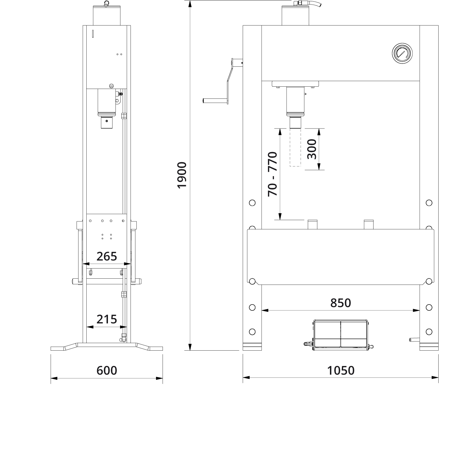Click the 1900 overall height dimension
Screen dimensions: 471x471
pyautogui.click(x=182, y=175)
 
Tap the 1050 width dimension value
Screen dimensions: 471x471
pyautogui.click(x=341, y=371)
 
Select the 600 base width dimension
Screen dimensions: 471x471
pyautogui.click(x=107, y=371)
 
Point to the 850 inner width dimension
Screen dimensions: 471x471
pyautogui.click(x=340, y=303)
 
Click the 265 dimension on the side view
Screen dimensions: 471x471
pyautogui.click(x=107, y=256)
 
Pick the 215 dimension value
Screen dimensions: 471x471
pyautogui.click(x=107, y=319)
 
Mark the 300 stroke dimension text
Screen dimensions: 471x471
pyautogui.click(x=312, y=149)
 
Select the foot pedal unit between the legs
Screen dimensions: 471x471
pyautogui.click(x=340, y=334)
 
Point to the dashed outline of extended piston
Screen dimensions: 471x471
pyautogui.click(x=295, y=147)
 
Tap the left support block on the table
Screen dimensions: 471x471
pyautogui.click(x=312, y=224)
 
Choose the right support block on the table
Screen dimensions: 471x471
pyautogui.click(x=369, y=224)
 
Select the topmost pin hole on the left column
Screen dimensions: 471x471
pyautogui.click(x=252, y=203)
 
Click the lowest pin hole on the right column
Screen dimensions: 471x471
pyautogui.click(x=429, y=332)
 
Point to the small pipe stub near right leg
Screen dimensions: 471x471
pyautogui.click(x=414, y=340)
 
